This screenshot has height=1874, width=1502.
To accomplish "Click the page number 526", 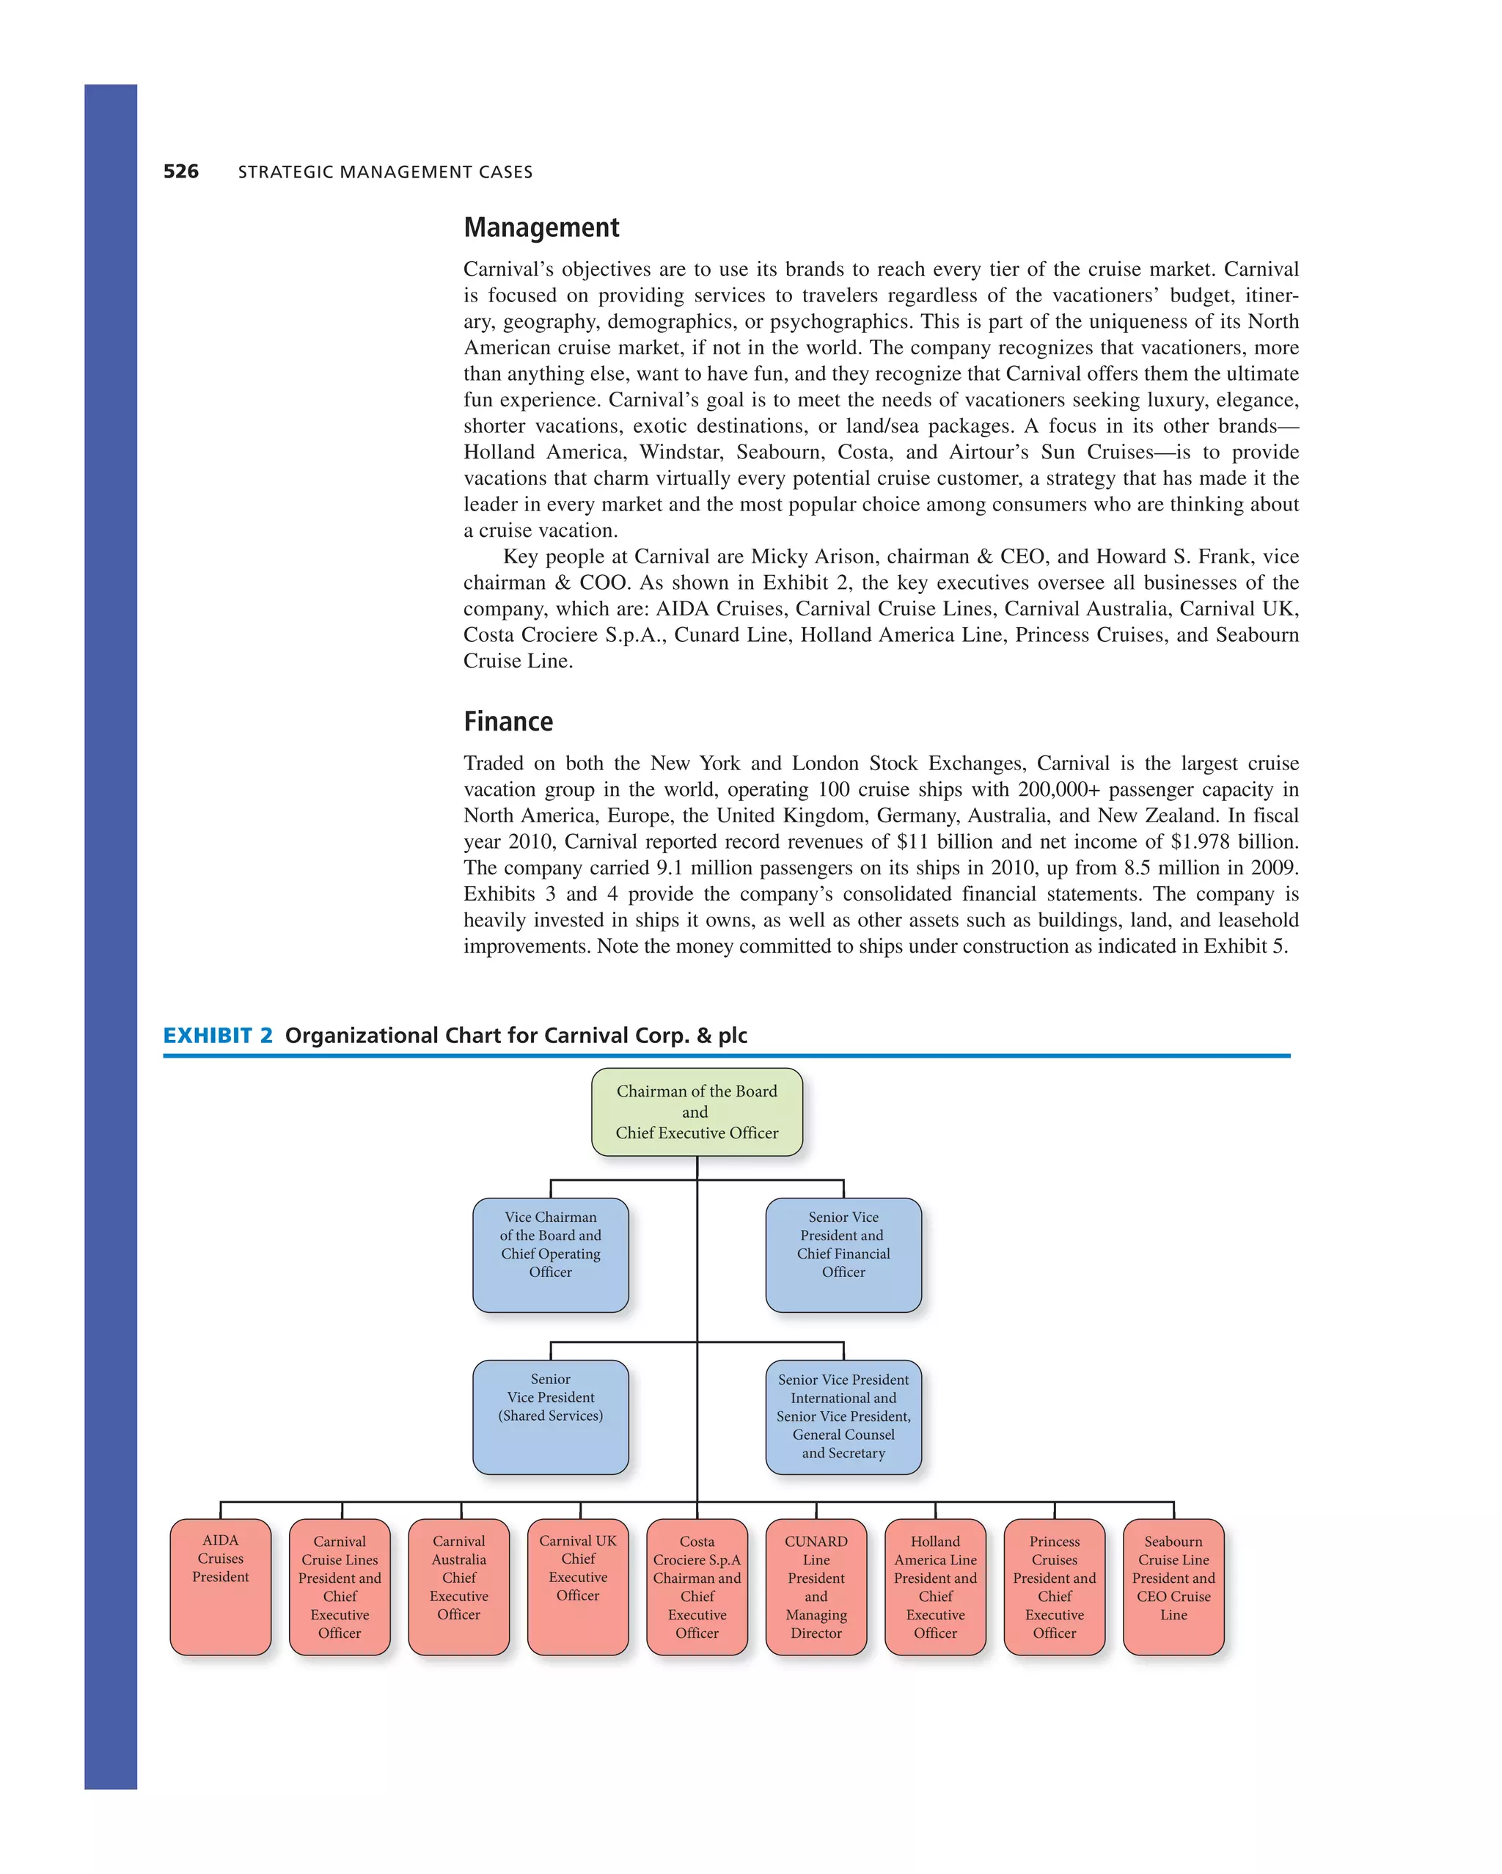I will [181, 171].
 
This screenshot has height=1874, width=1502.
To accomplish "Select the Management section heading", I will [541, 227].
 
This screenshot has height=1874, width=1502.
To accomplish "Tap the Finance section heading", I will [508, 722].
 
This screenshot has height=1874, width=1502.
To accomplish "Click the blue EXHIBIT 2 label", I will [217, 1035].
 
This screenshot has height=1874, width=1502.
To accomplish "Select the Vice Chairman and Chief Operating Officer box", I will [550, 1254].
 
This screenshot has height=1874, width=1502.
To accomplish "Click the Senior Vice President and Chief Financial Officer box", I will [843, 1254].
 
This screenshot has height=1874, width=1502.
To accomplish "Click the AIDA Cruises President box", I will [220, 1586].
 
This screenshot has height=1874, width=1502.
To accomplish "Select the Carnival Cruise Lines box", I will [339, 1586].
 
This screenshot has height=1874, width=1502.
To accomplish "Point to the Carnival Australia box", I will [458, 1586].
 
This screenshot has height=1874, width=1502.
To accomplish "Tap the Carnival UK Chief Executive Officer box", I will [577, 1586].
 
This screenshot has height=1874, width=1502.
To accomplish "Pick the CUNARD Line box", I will [816, 1586].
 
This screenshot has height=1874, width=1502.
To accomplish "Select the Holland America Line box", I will [935, 1586].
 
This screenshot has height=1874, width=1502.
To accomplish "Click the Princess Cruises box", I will [1055, 1586].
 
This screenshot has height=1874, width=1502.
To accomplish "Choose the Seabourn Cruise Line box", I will [1173, 1586].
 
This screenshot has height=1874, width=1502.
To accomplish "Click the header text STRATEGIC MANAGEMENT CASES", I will [385, 172].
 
